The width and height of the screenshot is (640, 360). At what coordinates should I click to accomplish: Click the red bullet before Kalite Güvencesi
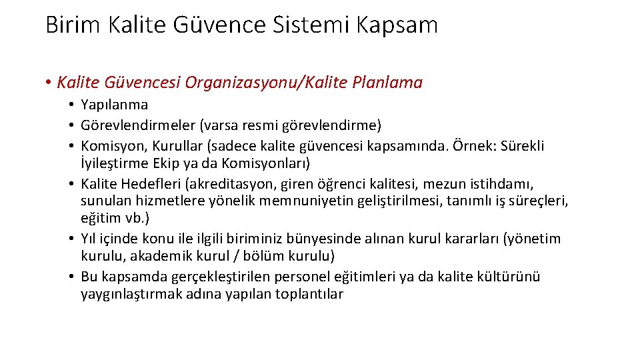(49, 83)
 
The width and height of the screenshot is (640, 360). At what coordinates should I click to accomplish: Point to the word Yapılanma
(114, 105)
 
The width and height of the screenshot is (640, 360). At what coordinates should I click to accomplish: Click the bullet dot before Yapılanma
(70, 105)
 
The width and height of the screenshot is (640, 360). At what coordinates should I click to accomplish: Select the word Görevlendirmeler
(134, 125)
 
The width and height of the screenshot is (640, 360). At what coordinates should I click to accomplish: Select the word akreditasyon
(233, 183)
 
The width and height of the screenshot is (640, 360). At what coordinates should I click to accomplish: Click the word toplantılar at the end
(308, 294)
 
